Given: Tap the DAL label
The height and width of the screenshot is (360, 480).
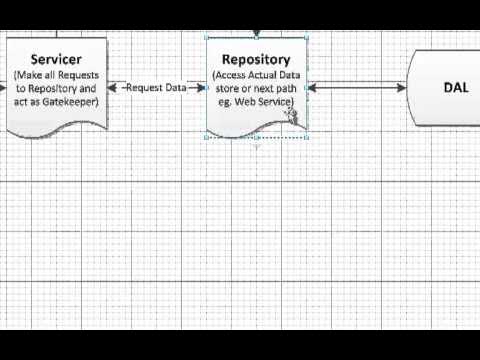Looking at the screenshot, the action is pos(455,88).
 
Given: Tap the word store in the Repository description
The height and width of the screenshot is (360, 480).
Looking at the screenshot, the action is pos(228,89).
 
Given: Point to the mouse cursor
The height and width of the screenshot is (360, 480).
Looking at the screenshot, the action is pos(291,113).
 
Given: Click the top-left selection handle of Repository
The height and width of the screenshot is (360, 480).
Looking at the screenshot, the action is pos(207,38).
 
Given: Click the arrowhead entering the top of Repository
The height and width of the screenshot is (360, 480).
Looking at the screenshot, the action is pos(257,36).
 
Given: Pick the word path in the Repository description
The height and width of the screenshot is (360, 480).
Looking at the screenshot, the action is pos(283,89).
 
